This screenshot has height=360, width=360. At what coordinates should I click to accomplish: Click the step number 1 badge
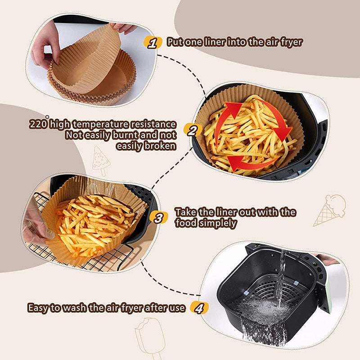[x=153, y=43]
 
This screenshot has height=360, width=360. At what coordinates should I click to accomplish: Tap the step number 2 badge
[x=192, y=131]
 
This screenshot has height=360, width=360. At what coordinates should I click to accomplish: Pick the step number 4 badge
[x=199, y=308]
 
